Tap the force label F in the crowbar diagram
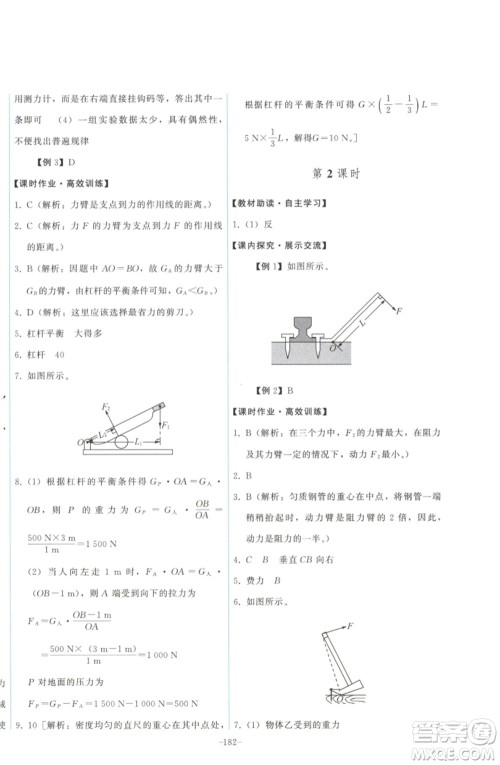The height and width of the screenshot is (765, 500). [400, 312]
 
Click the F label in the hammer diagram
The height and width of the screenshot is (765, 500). [353, 627]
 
